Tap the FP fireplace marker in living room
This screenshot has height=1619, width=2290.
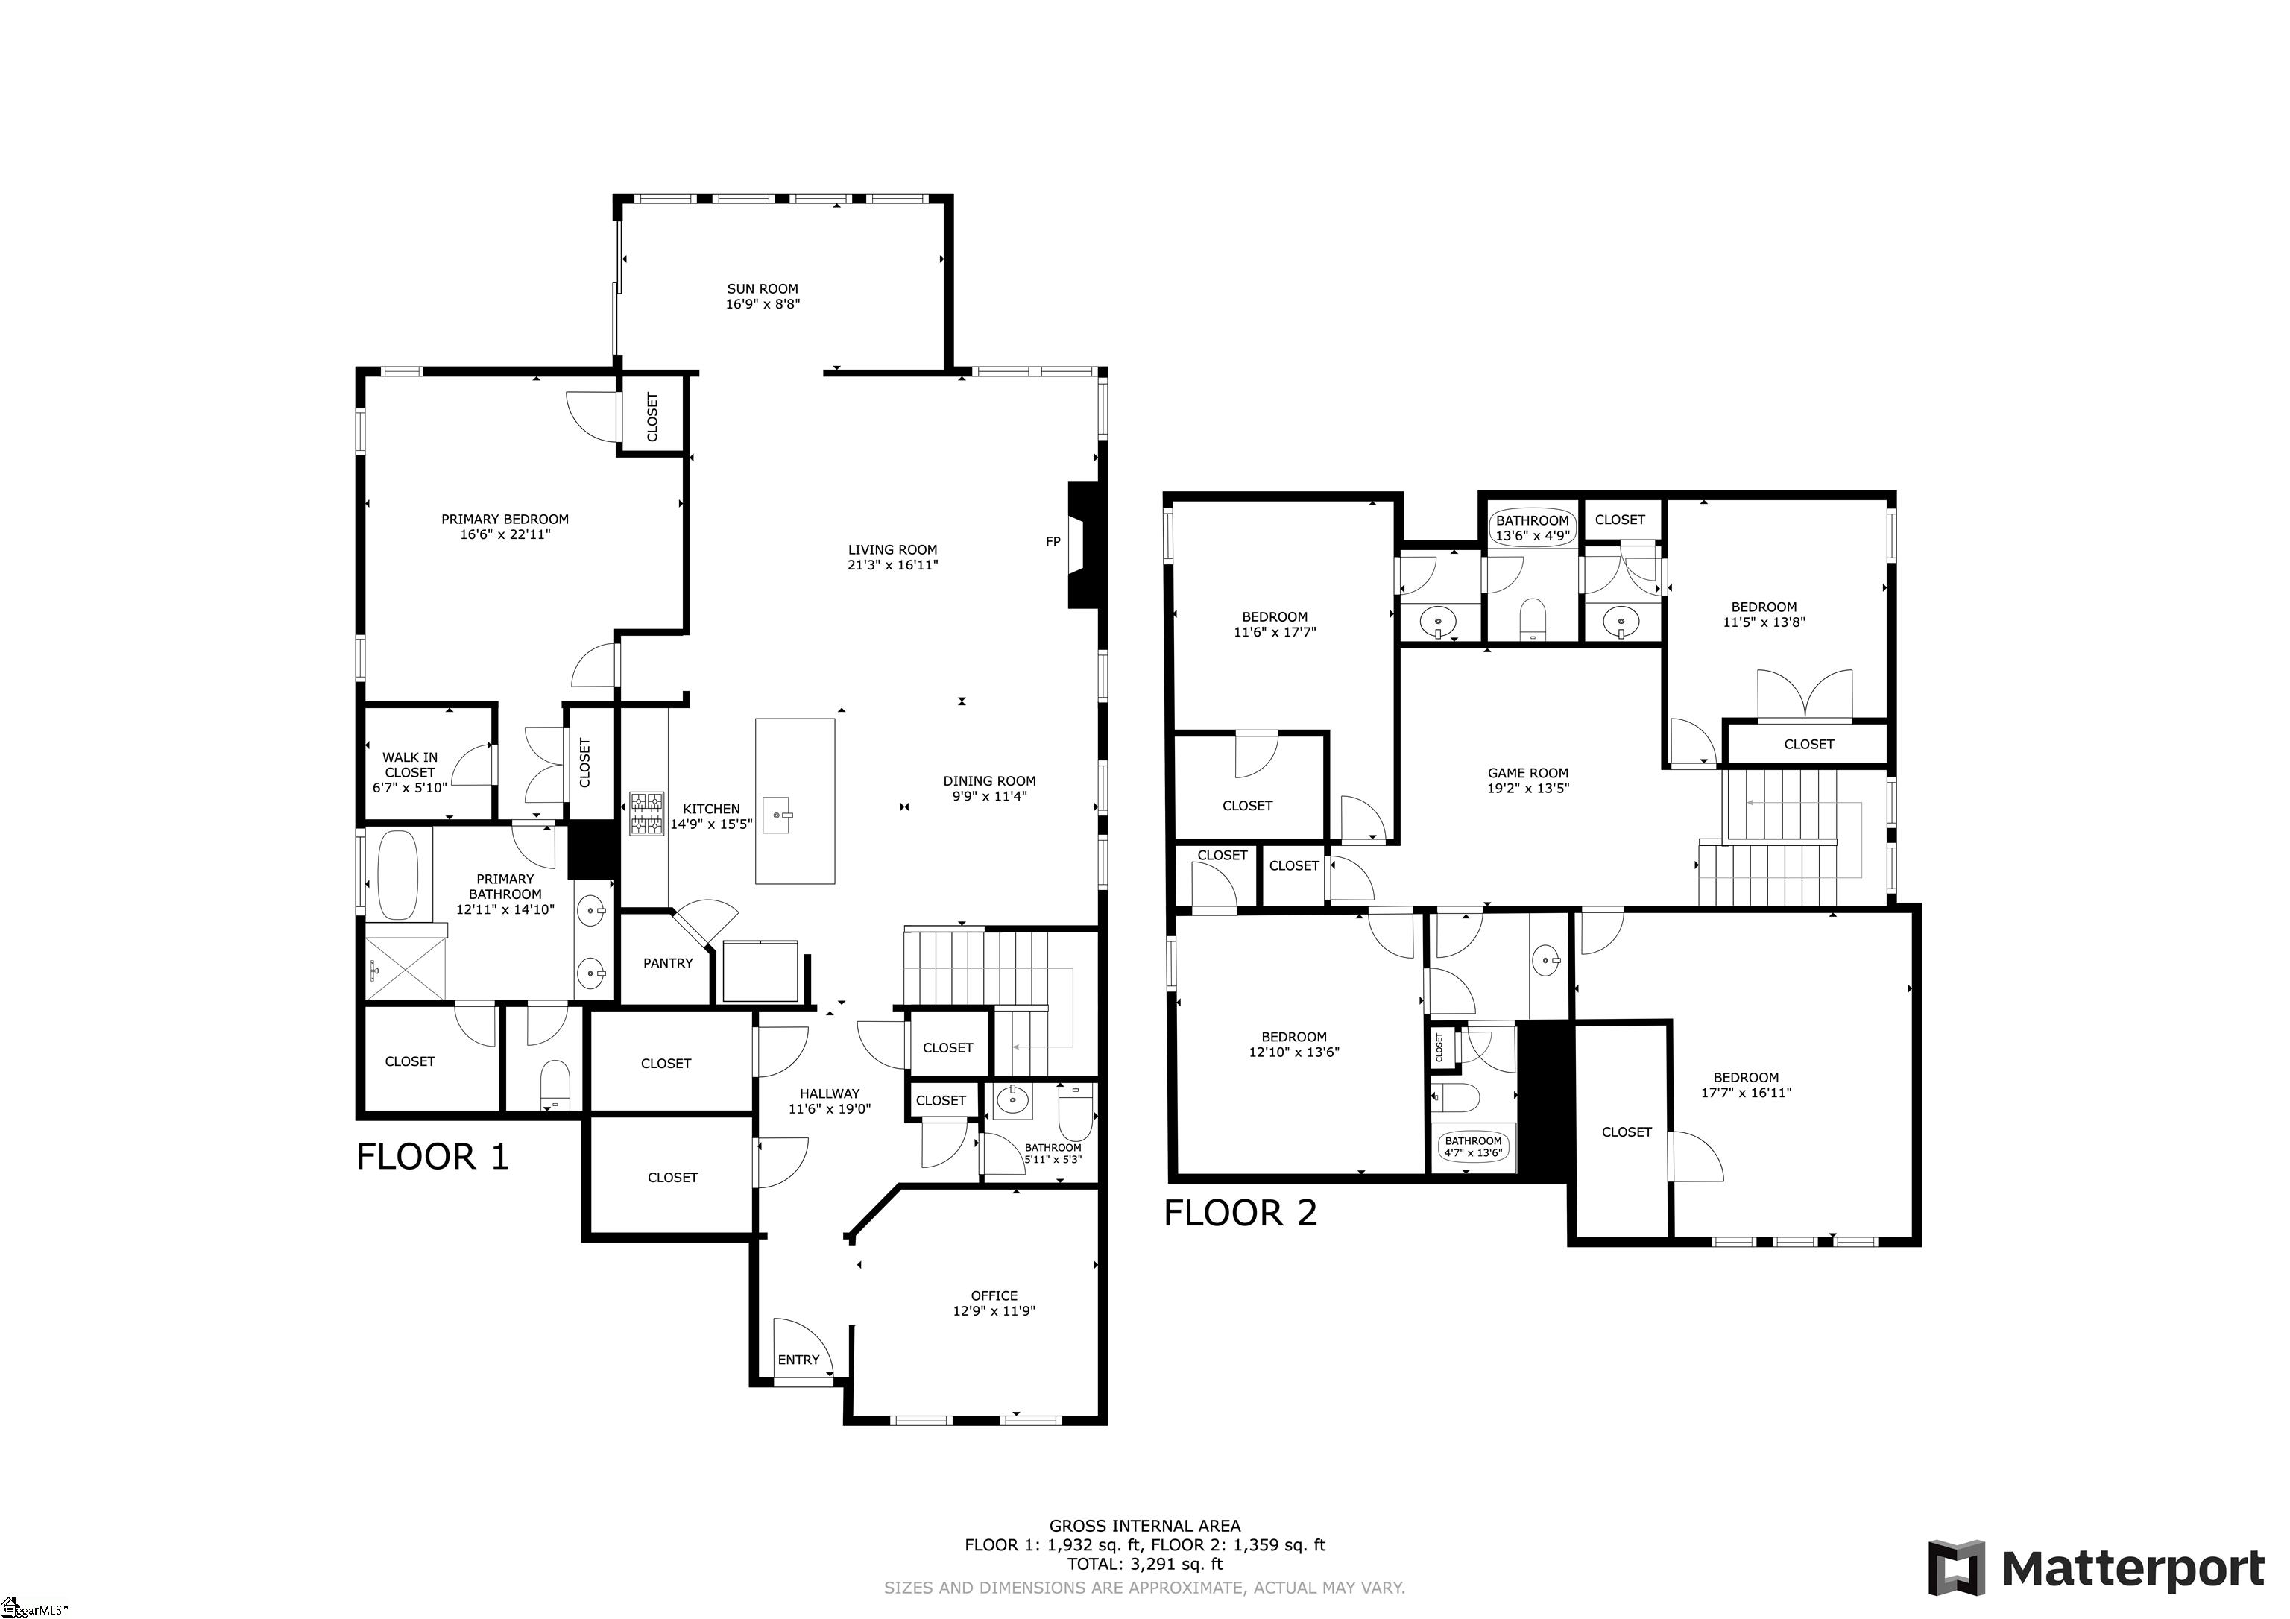[1053, 542]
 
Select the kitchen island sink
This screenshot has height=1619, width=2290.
[781, 815]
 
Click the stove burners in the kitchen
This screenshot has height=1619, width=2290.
[646, 813]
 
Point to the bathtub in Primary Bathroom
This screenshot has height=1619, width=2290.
[398, 875]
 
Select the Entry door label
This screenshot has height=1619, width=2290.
[798, 1360]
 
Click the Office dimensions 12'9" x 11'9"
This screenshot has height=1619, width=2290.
[994, 1310]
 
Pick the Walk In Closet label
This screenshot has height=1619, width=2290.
[409, 765]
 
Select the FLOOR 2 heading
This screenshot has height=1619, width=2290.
[1240, 1213]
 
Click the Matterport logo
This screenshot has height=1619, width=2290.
[2095, 1568]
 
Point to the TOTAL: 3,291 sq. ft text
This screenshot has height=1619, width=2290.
[1144, 1564]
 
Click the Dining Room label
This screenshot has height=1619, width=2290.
[988, 781]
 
